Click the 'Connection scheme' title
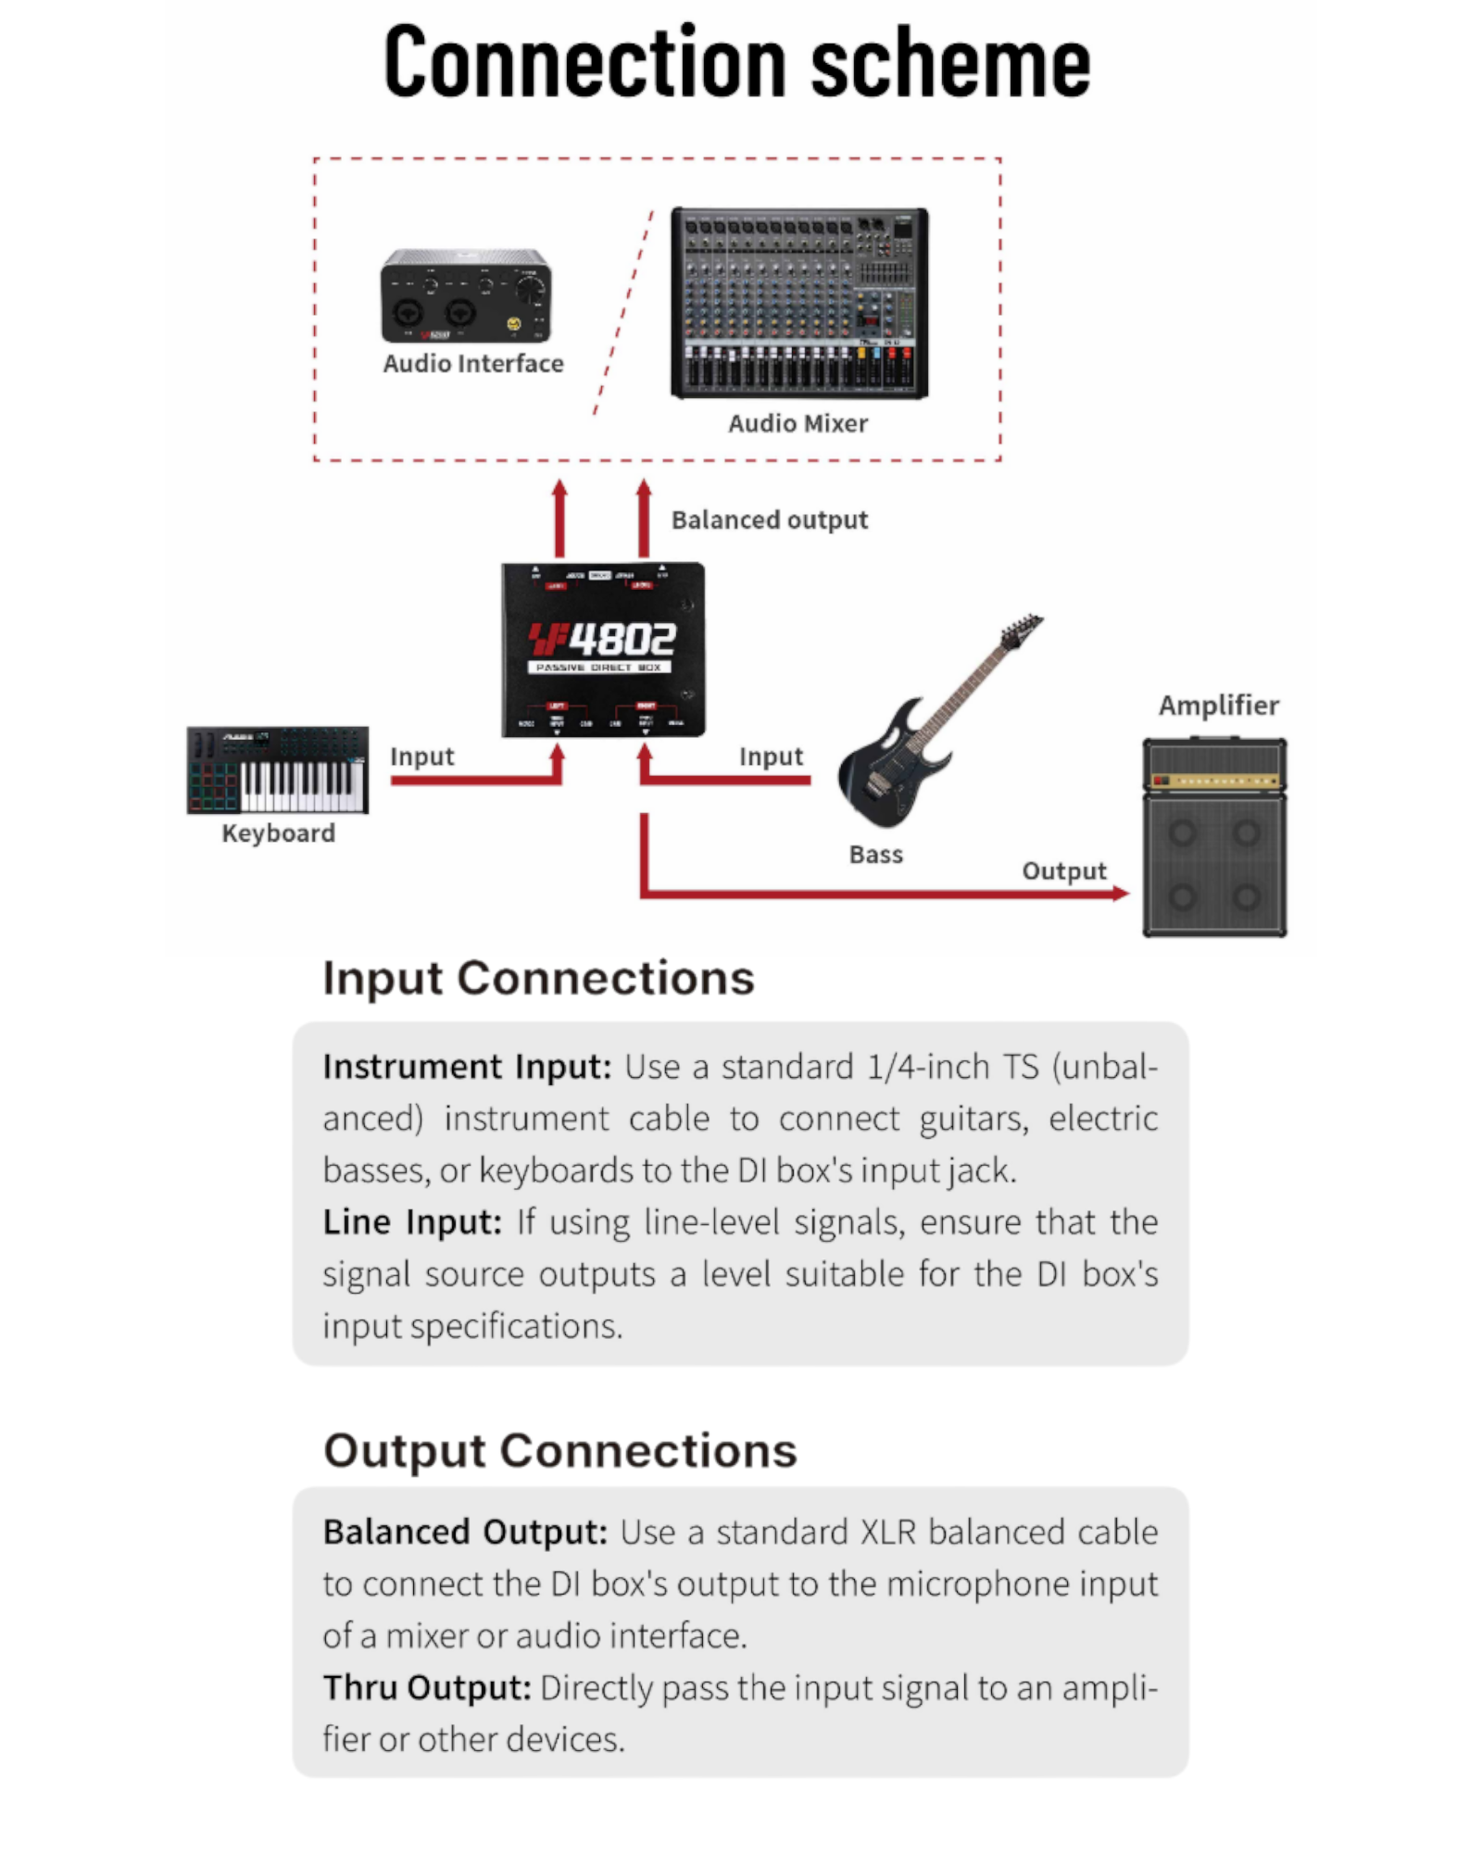[x=737, y=63]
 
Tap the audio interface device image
[x=466, y=296]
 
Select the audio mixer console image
[x=799, y=303]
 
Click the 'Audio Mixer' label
[x=798, y=423]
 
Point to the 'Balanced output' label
[x=769, y=520]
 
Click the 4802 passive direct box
[x=603, y=649]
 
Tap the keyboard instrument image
[x=277, y=770]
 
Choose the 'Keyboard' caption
[x=278, y=833]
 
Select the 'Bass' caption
[x=875, y=855]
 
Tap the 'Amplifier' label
[x=1218, y=706]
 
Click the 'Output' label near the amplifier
[x=1063, y=871]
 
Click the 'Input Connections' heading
[x=538, y=979]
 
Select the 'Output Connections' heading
[x=559, y=1451]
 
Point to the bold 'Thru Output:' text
[x=427, y=1688]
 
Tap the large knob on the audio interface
[x=530, y=289]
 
